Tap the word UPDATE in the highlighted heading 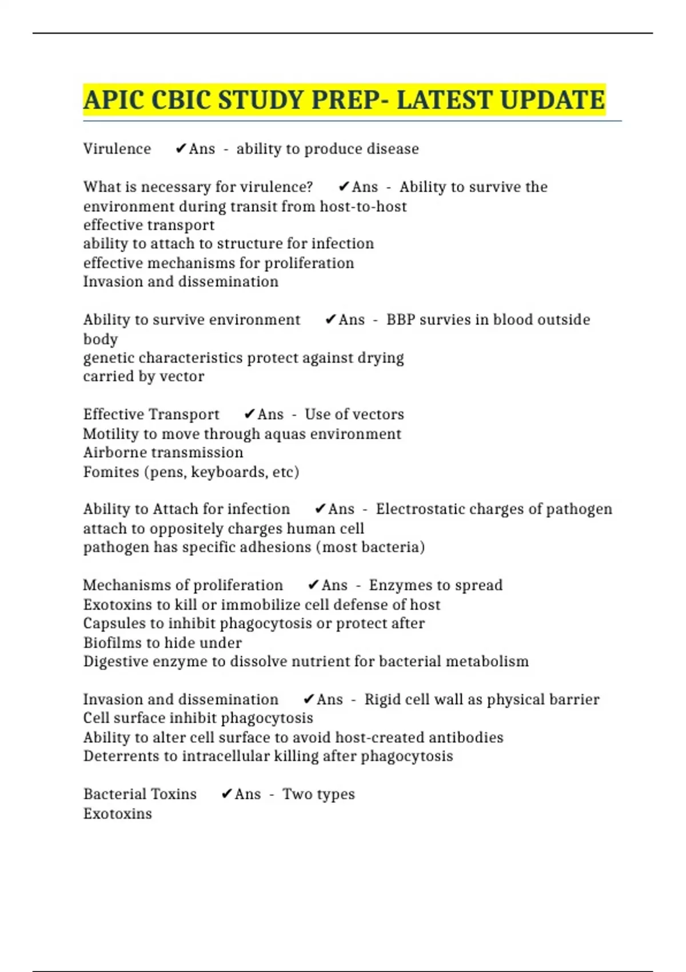pyautogui.click(x=555, y=100)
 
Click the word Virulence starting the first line pyautogui.click(x=117, y=149)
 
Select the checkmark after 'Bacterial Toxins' pyautogui.click(x=226, y=794)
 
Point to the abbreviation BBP pyautogui.click(x=400, y=320)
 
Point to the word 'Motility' pyautogui.click(x=111, y=433)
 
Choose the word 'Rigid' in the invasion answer pyautogui.click(x=382, y=699)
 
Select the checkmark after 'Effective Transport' pyautogui.click(x=249, y=414)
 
